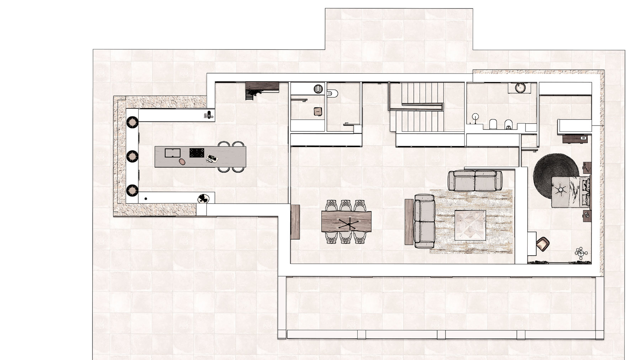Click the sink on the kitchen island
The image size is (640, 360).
pos(172,153)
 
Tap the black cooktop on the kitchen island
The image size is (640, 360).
pos(197,153)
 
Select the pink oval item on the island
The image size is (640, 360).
pos(182,162)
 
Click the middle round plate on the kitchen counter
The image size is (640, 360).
pos(132,156)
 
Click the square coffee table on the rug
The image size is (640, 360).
pos(470,225)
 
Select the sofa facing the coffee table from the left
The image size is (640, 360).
pos(424,221)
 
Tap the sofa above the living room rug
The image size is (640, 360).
pos(475,181)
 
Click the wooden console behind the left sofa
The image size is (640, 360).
pos(409,222)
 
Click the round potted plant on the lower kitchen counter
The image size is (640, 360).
pos(204,198)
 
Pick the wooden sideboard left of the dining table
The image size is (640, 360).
pos(295,222)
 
